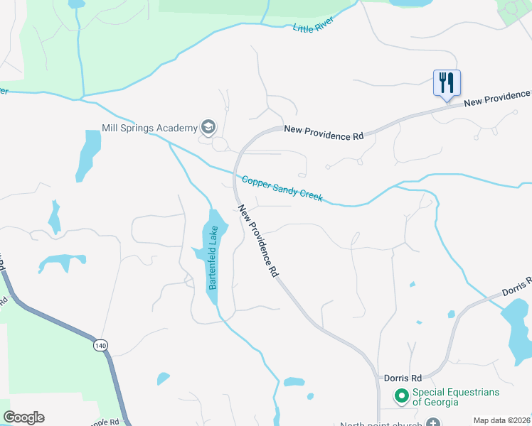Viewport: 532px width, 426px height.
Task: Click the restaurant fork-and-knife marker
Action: [x=447, y=83]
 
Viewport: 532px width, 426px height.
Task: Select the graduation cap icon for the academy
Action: [x=208, y=127]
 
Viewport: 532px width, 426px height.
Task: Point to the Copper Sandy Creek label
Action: [x=282, y=190]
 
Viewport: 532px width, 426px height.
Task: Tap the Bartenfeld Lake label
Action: [x=212, y=258]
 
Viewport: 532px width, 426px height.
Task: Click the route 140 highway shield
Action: [x=100, y=345]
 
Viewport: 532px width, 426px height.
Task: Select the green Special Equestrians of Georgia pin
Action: [x=401, y=396]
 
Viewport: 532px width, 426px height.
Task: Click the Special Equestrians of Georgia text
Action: [x=457, y=397]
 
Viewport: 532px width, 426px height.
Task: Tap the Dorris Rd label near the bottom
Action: [x=403, y=378]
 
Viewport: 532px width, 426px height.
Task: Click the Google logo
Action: [x=23, y=417]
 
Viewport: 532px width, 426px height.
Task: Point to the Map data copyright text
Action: [x=502, y=420]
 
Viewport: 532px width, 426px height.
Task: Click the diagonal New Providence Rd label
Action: [x=257, y=241]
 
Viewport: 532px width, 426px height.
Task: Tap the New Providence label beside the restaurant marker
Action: [x=497, y=99]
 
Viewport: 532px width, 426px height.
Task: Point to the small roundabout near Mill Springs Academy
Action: [x=220, y=144]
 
